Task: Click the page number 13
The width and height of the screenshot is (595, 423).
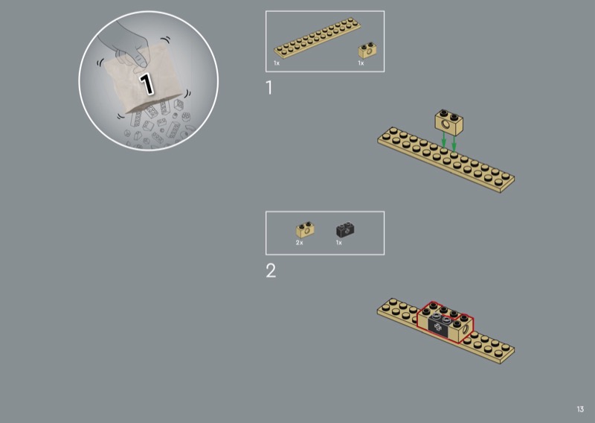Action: (x=580, y=409)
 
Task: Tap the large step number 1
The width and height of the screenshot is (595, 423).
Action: (x=269, y=87)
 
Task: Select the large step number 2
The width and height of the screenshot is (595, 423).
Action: (x=271, y=270)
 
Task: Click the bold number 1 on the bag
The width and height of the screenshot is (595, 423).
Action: (x=146, y=83)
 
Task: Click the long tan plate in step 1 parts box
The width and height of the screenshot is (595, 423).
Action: (x=318, y=38)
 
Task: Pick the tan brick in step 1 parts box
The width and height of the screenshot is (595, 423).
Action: (x=367, y=50)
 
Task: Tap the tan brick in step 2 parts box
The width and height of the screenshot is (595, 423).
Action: (x=305, y=229)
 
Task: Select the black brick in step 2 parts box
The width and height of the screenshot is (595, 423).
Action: (x=345, y=229)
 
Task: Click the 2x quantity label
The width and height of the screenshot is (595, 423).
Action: (x=300, y=243)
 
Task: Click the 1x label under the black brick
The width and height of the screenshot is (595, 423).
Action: (x=339, y=243)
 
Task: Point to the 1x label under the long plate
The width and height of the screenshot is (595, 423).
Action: (x=277, y=63)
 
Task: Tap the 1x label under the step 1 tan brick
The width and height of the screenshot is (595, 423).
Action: (x=361, y=63)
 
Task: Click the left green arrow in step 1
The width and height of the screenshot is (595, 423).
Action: (x=443, y=141)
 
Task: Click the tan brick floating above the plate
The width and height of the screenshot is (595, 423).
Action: (x=449, y=122)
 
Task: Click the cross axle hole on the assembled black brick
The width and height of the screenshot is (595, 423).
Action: (x=438, y=328)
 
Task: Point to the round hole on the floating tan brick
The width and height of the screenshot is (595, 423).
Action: (x=445, y=124)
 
